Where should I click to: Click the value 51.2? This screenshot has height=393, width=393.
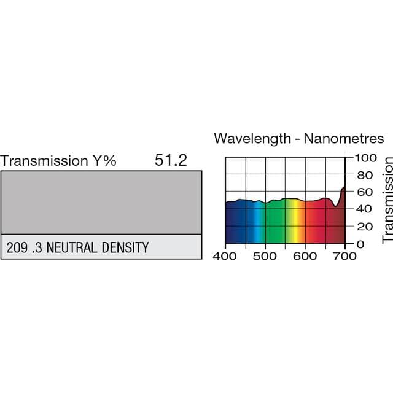(171, 161)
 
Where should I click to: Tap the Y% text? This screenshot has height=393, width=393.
(104, 161)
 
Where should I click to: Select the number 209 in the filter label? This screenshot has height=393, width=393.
(17, 248)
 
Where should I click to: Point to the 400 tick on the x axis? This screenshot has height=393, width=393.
(225, 255)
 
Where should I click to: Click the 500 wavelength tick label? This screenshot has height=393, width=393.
(265, 255)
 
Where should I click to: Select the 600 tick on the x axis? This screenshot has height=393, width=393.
(305, 255)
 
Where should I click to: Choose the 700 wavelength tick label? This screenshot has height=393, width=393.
(345, 255)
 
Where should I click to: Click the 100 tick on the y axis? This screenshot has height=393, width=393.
(363, 157)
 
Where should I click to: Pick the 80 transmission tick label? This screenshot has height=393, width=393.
(365, 174)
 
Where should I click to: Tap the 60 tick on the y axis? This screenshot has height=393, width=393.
(365, 192)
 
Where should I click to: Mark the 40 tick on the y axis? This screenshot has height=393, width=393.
(365, 209)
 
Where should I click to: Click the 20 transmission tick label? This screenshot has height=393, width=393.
(365, 227)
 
